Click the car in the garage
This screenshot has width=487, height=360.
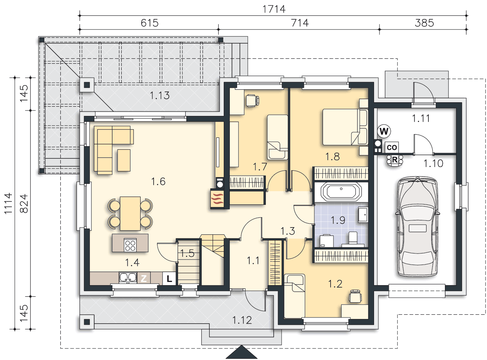point(417,226)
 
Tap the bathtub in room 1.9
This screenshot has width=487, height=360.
point(341,192)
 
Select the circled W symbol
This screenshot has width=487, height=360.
point(384,131)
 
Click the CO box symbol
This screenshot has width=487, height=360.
point(392,147)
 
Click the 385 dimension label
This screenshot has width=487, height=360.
point(424,23)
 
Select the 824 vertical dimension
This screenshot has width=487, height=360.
point(24,203)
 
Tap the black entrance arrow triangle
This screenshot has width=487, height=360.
point(242,352)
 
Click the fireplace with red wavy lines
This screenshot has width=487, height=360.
point(217,198)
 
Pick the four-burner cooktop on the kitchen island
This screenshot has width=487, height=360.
point(130,245)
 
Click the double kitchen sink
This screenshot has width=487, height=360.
point(128,277)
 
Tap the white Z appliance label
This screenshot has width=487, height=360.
point(144,279)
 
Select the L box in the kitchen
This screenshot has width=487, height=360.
point(169,279)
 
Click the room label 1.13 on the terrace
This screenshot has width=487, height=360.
point(160,95)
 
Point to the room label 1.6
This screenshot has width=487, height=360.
point(158,181)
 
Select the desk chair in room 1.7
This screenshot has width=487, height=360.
point(252,100)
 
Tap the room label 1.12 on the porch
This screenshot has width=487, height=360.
point(242,320)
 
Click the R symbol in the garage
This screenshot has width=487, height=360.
point(395,160)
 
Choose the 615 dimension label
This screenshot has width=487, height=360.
point(150,23)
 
